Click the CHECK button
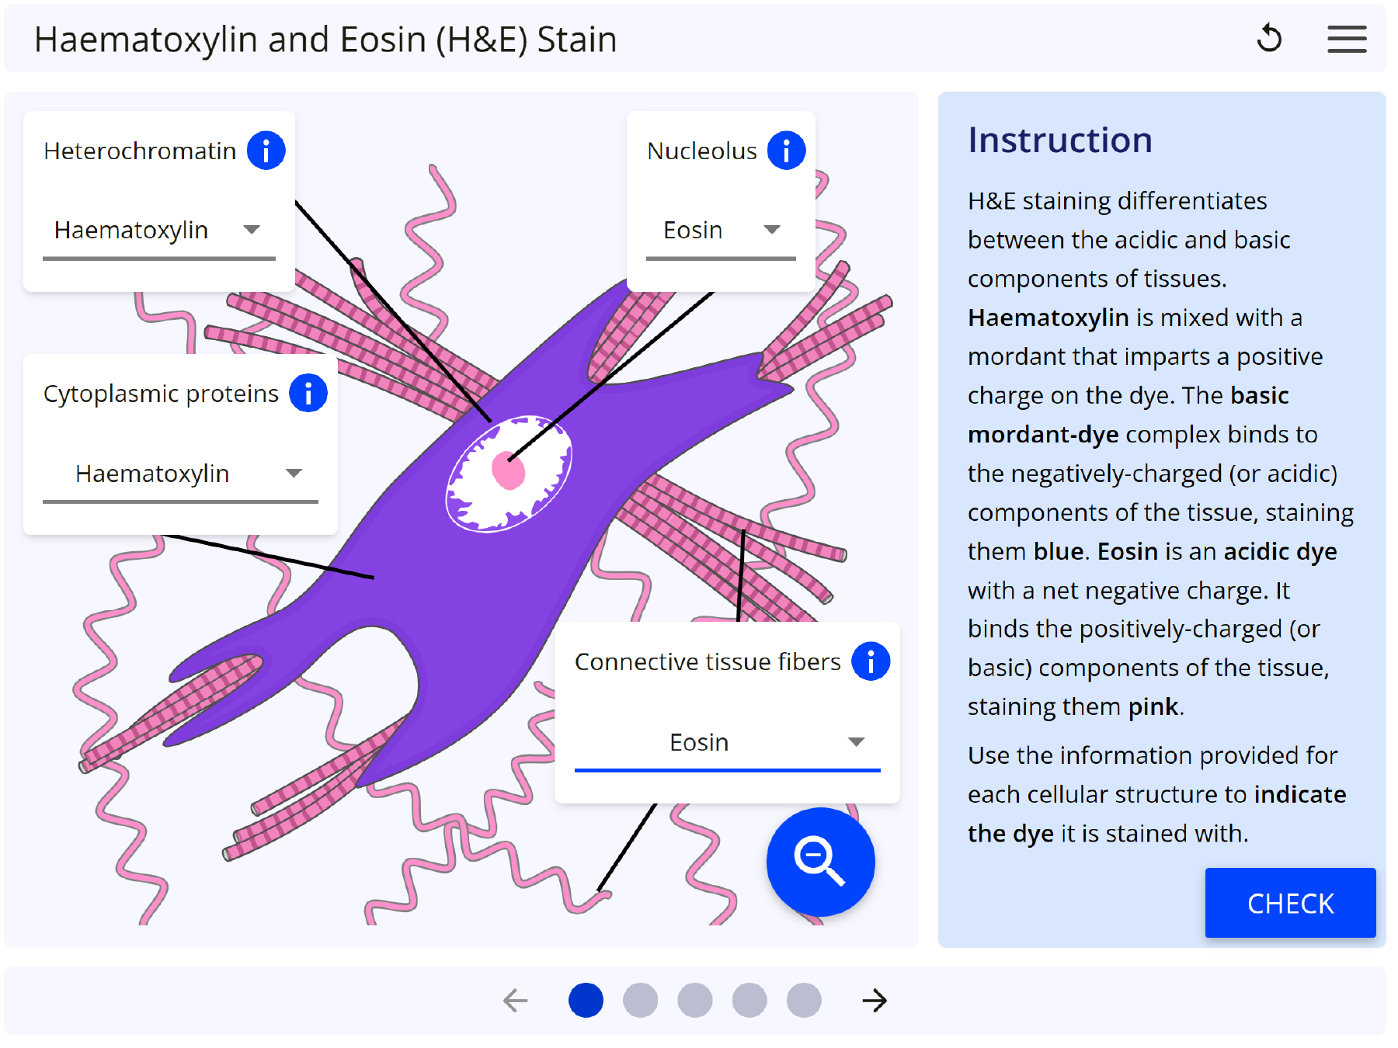(1289, 903)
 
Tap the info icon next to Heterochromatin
(266, 150)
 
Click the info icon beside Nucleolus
(786, 150)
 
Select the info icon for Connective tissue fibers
(871, 661)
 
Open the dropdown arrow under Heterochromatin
(251, 230)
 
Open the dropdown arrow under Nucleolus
(771, 230)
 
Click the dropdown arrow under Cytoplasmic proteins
(294, 474)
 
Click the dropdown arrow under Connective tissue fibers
(856, 742)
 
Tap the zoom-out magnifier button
(820, 862)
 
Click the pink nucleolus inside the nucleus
(509, 470)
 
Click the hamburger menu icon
(1347, 39)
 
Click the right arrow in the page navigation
(875, 1000)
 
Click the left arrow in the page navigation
(516, 1000)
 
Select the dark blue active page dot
(586, 1000)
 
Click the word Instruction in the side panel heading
(1059, 141)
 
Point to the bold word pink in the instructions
(1153, 706)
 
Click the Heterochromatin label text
(140, 151)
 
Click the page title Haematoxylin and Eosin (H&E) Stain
(325, 40)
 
